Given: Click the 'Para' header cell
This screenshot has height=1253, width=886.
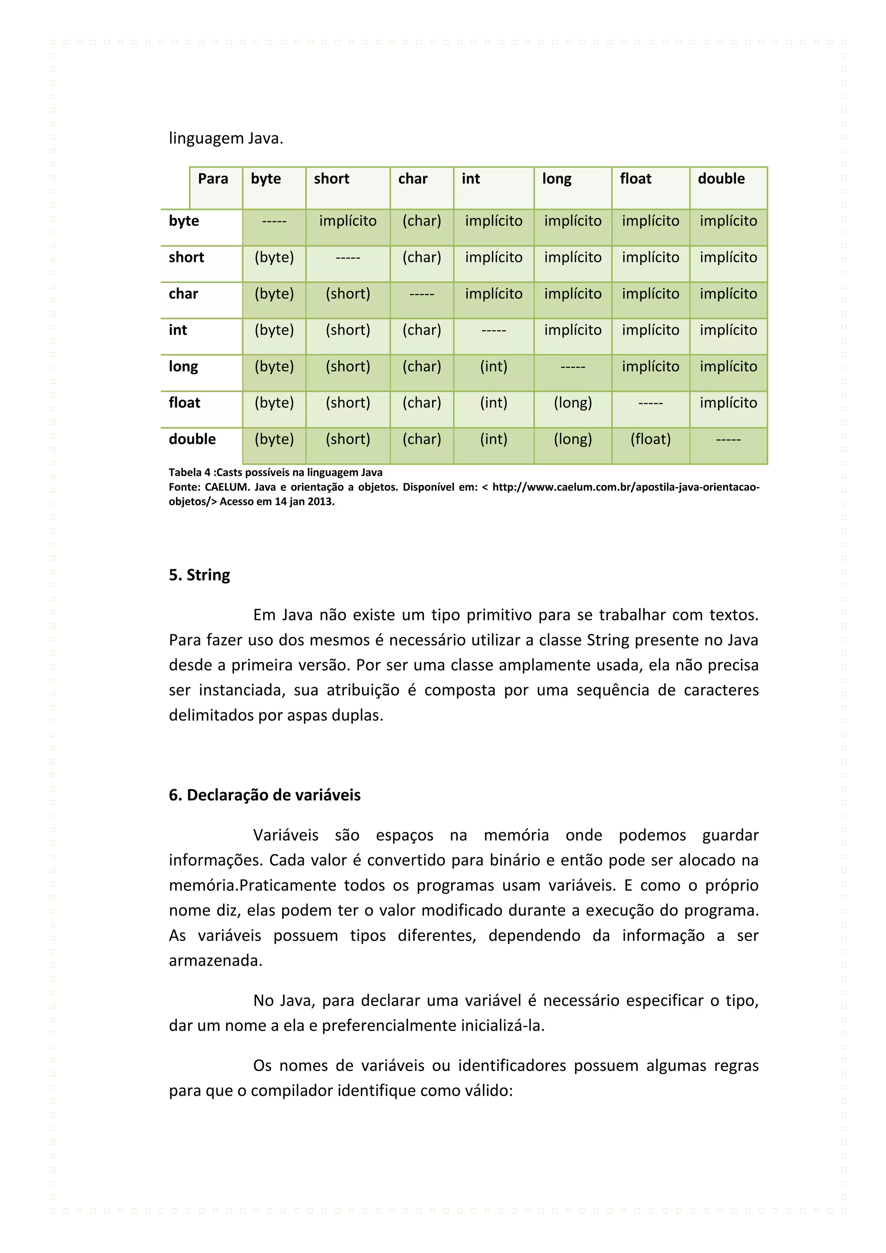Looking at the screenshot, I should tap(213, 179).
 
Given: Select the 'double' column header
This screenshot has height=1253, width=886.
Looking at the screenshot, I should tap(721, 179).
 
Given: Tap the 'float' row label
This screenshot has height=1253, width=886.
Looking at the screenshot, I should tap(184, 403).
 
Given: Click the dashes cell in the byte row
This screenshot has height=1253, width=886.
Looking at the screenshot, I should tap(274, 221).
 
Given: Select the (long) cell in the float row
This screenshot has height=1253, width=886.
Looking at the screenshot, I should tap(572, 403).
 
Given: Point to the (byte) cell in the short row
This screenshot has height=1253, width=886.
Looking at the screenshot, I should tap(274, 257).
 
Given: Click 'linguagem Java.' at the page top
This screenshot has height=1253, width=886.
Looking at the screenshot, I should tap(226, 138).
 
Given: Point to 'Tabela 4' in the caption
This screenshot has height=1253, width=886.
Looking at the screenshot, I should tap(189, 472).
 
